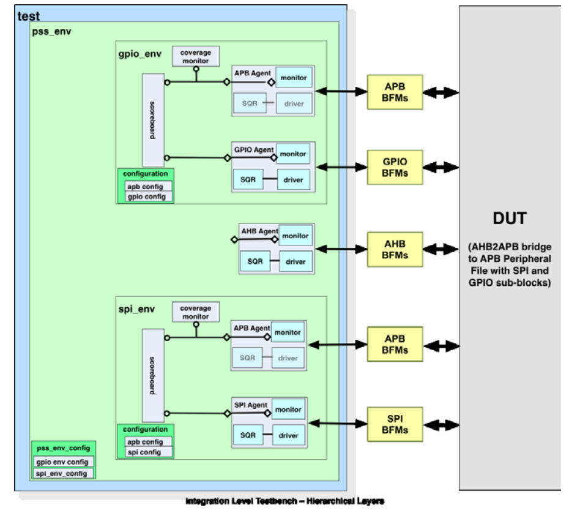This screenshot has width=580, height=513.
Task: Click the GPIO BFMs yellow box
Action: coord(395,167)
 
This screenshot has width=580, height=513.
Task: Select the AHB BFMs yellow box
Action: coord(395,249)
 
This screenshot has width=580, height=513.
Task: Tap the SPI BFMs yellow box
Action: coord(395,423)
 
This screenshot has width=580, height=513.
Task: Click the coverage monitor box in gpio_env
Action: coord(195,57)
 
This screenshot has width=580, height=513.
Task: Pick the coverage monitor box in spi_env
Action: coord(195,313)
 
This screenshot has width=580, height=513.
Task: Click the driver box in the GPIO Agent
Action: coord(293,180)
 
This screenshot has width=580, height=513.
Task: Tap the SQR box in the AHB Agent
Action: coord(255,262)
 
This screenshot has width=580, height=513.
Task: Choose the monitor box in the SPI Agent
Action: coord(288,410)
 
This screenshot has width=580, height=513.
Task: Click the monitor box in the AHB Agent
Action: coord(295,236)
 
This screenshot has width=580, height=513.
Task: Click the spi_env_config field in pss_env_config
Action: coord(64,474)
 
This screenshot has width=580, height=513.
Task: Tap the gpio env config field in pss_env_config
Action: coord(64,462)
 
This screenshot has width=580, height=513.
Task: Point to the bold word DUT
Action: coord(510,219)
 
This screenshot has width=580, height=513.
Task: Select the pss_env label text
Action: coord(51,31)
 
